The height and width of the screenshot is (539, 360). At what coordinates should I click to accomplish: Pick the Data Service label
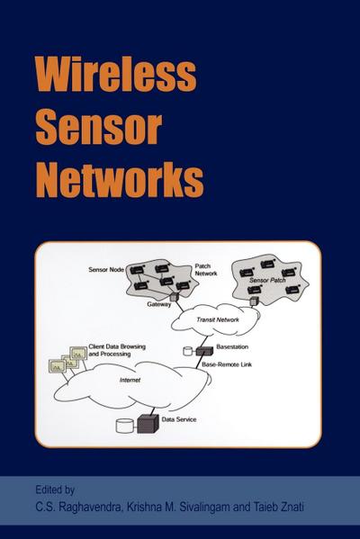[180, 420]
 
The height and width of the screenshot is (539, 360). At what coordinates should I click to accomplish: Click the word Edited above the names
[45, 490]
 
